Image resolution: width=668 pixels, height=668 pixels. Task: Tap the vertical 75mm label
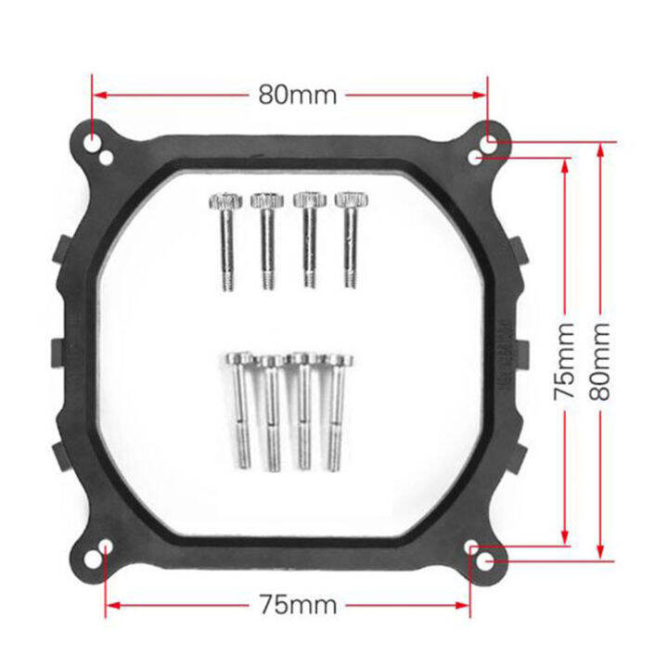(x=565, y=361)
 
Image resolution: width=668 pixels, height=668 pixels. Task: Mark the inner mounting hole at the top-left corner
(x=108, y=159)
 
